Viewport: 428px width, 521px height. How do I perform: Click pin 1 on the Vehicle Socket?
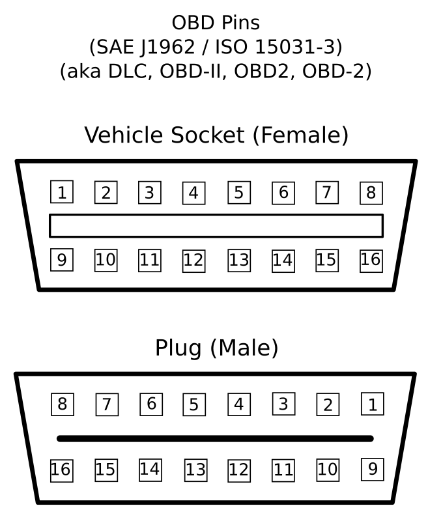coord(62,192)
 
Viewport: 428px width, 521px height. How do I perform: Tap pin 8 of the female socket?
coord(371,193)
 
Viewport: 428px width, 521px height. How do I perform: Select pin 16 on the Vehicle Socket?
coord(371,260)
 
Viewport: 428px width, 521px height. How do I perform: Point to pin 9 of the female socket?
coord(62,260)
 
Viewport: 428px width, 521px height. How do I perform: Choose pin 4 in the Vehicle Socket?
coord(193,193)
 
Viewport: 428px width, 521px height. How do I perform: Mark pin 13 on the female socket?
coord(238,260)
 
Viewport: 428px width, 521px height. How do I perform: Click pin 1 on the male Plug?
coord(372,404)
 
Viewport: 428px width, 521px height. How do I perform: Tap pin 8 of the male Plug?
coord(63,404)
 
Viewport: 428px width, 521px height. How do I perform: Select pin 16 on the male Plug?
coord(61,470)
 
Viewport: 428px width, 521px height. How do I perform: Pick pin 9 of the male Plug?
coord(372,469)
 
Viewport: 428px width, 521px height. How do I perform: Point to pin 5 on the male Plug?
coord(193,404)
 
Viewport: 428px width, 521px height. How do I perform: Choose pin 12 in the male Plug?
coord(238,470)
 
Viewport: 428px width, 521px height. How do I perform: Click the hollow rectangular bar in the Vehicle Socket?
coord(216,225)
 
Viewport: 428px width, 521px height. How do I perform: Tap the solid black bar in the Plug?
coord(215,438)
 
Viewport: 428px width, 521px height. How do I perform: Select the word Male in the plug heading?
coord(244,348)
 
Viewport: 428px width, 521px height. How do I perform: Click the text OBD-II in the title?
coord(193,71)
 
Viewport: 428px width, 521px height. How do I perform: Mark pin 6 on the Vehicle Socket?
coord(283,193)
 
